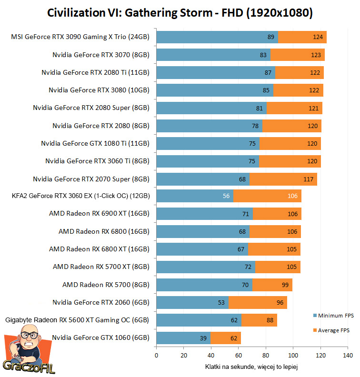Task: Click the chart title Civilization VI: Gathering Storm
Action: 180,13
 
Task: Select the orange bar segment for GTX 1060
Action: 226,338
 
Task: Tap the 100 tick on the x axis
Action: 293,356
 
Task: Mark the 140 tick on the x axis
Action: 348,356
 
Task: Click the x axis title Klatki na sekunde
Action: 253,367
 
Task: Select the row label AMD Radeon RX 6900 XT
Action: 99,213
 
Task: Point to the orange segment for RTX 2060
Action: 258,302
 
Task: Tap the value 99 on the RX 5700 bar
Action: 285,285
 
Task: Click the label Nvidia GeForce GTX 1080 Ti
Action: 95,143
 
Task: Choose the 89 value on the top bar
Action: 271,37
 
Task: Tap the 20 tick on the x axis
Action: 184,356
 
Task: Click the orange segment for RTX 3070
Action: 298,55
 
